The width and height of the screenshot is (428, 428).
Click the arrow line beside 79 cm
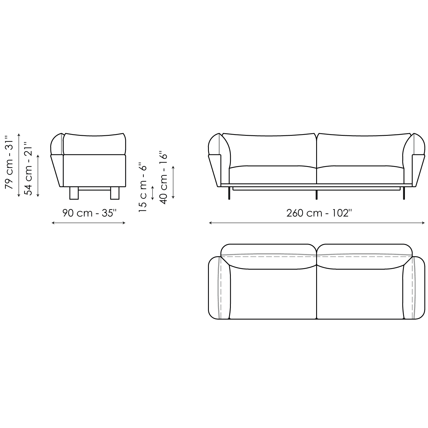pyautogui.click(x=19, y=165)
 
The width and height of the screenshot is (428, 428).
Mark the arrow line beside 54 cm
pyautogui.click(x=38, y=175)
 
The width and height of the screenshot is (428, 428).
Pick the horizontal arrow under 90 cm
pyautogui.click(x=88, y=223)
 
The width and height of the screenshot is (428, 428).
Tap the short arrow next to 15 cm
pyautogui.click(x=153, y=193)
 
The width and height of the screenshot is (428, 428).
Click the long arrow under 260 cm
pyautogui.click(x=317, y=223)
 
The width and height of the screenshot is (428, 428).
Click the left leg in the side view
pyautogui.click(x=74, y=193)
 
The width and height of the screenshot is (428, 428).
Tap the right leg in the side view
pyautogui.click(x=115, y=193)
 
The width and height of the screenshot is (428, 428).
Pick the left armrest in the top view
pyautogui.click(x=219, y=288)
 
